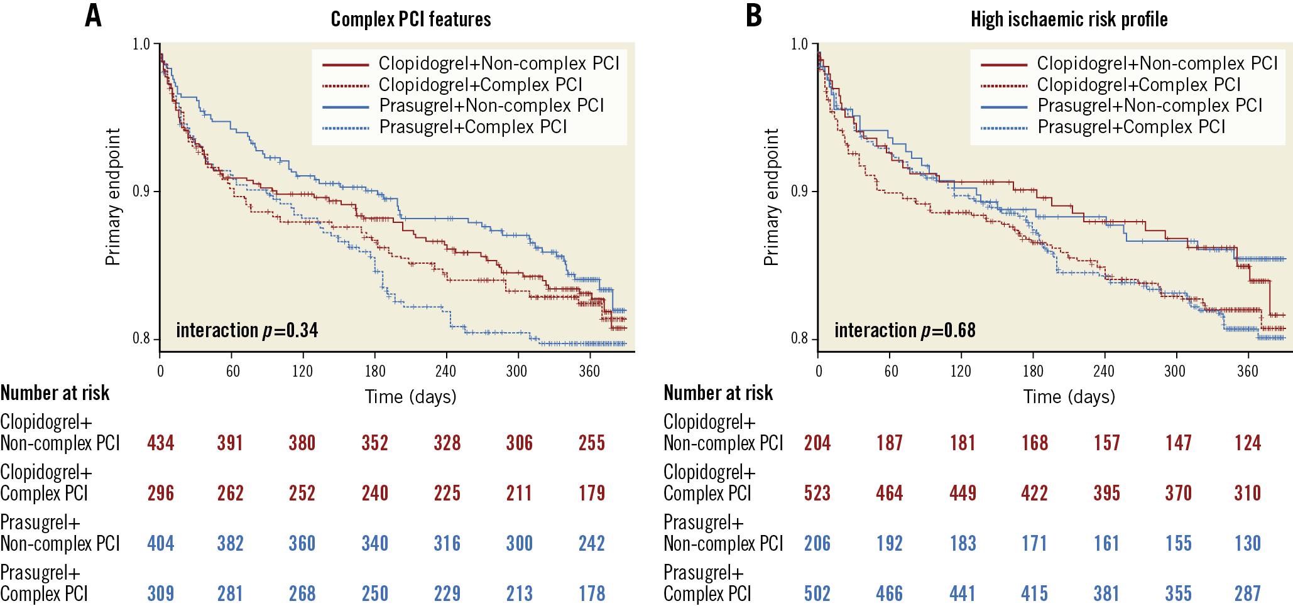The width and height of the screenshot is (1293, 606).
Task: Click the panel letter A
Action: [x=93, y=16]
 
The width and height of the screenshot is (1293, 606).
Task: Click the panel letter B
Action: [x=753, y=16]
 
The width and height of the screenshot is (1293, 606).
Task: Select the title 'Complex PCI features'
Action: [x=411, y=19]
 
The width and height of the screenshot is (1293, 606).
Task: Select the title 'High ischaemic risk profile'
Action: [x=1069, y=19]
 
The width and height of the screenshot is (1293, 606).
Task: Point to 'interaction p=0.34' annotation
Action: [x=247, y=330]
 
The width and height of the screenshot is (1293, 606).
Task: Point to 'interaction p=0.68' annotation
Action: [x=905, y=330]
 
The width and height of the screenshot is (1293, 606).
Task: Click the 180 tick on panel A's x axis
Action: [x=375, y=371]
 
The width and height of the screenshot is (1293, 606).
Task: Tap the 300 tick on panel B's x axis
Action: [x=1175, y=371]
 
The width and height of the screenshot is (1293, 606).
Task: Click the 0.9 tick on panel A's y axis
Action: [x=141, y=191]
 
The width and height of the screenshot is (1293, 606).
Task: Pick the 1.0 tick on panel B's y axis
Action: [x=799, y=44]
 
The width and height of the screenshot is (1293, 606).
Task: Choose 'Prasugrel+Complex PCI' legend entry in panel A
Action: [x=473, y=127]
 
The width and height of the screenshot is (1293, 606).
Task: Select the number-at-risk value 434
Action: [x=161, y=443]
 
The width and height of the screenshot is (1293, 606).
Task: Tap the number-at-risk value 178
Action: [x=592, y=593]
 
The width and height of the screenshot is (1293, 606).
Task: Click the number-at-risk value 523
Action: [x=817, y=493]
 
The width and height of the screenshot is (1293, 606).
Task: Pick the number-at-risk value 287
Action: [x=1248, y=593]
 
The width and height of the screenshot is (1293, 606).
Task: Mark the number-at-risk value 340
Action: [x=375, y=543]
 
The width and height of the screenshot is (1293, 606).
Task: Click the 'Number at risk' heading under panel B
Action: [x=718, y=393]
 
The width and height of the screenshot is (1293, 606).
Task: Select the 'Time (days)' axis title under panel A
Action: [x=411, y=397]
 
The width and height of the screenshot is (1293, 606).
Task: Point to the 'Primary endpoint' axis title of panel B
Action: [x=771, y=197]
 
